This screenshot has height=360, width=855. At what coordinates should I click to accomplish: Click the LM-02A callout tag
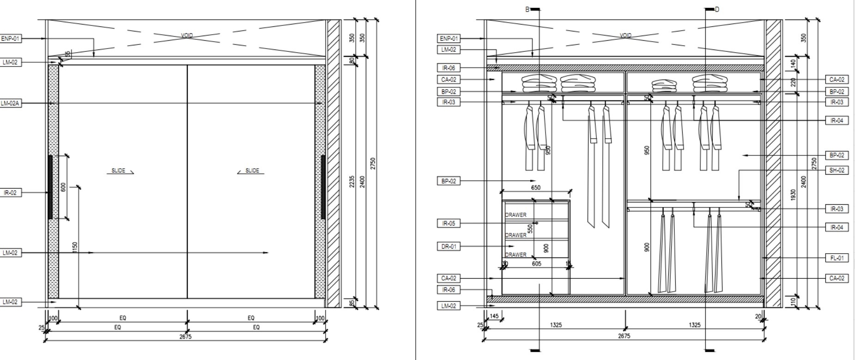click(10, 104)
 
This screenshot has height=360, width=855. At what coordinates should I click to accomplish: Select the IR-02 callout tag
click(10, 193)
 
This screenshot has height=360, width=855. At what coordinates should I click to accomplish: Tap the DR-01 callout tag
click(449, 247)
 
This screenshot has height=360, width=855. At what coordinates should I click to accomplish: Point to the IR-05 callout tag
click(449, 224)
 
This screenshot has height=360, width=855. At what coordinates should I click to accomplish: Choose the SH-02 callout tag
click(837, 171)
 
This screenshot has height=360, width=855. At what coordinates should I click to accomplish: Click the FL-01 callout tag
click(837, 258)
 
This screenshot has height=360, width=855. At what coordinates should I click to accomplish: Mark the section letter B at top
click(527, 9)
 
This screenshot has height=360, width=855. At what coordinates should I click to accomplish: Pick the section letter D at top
click(717, 9)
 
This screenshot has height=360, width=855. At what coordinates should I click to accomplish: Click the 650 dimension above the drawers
click(535, 188)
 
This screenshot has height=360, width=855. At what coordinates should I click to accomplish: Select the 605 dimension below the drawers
click(536, 264)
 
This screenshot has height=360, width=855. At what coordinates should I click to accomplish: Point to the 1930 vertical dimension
click(793, 195)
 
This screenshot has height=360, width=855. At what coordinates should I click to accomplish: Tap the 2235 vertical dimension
click(352, 182)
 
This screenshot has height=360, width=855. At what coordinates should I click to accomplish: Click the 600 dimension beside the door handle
click(63, 187)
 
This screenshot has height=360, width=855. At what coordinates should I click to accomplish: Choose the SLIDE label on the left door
click(118, 171)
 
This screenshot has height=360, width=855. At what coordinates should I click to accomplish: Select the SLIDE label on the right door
click(252, 171)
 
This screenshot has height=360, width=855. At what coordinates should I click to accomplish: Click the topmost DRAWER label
click(515, 215)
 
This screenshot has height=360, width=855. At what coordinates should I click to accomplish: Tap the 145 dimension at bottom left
click(494, 316)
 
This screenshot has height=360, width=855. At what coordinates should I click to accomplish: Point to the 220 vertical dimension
click(793, 82)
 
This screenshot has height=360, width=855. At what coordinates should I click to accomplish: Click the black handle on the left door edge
click(50, 187)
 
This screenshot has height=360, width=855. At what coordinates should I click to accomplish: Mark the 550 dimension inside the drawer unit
click(530, 228)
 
